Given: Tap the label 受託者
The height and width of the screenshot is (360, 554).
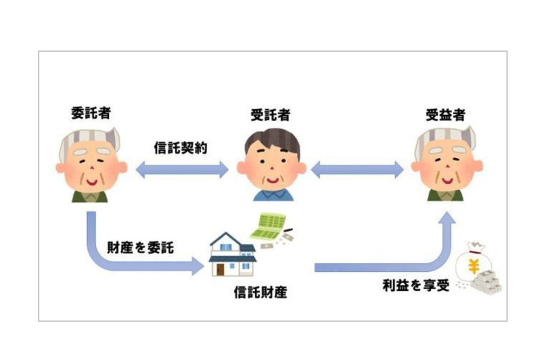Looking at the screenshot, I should tap(269, 115).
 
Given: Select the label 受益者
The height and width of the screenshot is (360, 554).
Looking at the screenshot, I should tap(445, 115).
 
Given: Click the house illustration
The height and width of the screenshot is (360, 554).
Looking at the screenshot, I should tap(233, 254).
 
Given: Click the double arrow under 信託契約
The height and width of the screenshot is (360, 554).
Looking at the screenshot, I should tap(182, 170).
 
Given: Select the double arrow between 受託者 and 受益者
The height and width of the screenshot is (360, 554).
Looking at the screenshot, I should tap(358, 170).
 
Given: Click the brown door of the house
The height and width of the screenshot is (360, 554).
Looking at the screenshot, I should tap(220, 269).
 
